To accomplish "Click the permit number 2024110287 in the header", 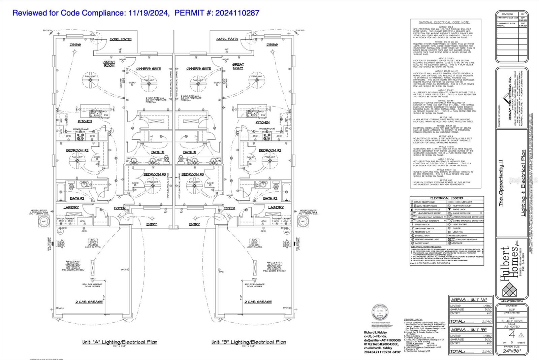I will tap(237, 13).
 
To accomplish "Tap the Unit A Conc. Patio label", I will tap(121, 39).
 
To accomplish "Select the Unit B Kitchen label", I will tap(262, 123).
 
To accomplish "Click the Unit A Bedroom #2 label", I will tap(77, 151).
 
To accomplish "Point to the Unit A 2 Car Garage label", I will tap(89, 302).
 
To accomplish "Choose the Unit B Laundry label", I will tap(276, 207).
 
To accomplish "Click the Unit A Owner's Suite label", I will tap(149, 69).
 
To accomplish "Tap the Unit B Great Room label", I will tap(238, 66).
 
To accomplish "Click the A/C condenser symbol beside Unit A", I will tap(44, 221).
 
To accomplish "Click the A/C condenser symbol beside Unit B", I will tap(303, 221).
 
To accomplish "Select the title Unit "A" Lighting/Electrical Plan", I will tap(120, 342).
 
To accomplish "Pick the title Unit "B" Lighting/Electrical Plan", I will tap(249, 342).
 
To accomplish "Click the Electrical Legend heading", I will tap(447, 198).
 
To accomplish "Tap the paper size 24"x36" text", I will tap(512, 351).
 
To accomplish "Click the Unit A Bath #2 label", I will tap(77, 198).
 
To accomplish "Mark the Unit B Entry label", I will tap(194, 224).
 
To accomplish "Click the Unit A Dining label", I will tap(75, 45).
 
